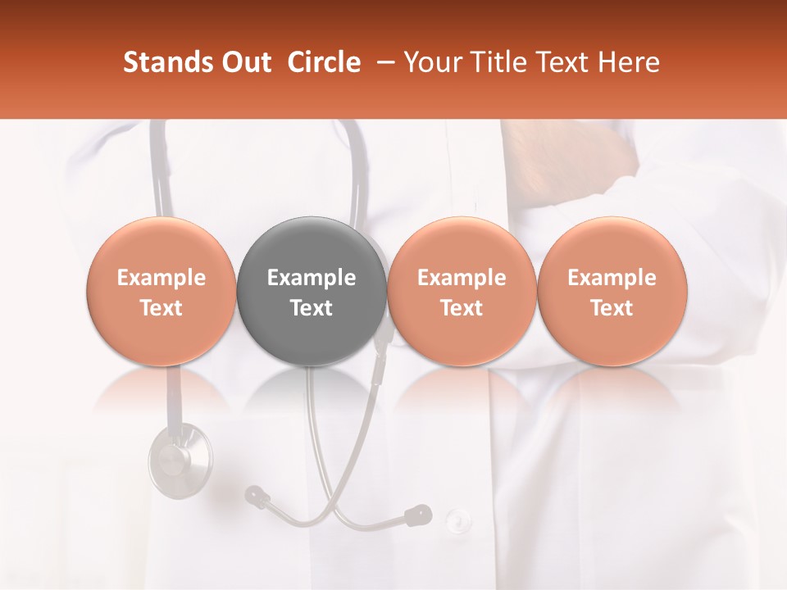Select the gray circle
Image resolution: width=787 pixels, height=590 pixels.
312,291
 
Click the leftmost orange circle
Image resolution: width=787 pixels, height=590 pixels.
161,291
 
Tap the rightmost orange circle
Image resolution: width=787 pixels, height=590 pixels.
612,291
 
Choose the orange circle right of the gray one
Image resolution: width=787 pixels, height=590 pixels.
462,291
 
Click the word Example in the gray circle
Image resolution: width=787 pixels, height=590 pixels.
312,278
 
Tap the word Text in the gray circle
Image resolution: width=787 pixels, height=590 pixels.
312,308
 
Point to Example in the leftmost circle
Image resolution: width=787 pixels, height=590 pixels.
161,278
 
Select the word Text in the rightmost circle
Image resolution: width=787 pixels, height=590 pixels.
612,308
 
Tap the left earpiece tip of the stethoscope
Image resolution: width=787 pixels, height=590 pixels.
256,494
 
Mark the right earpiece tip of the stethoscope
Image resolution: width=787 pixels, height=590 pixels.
419,515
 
